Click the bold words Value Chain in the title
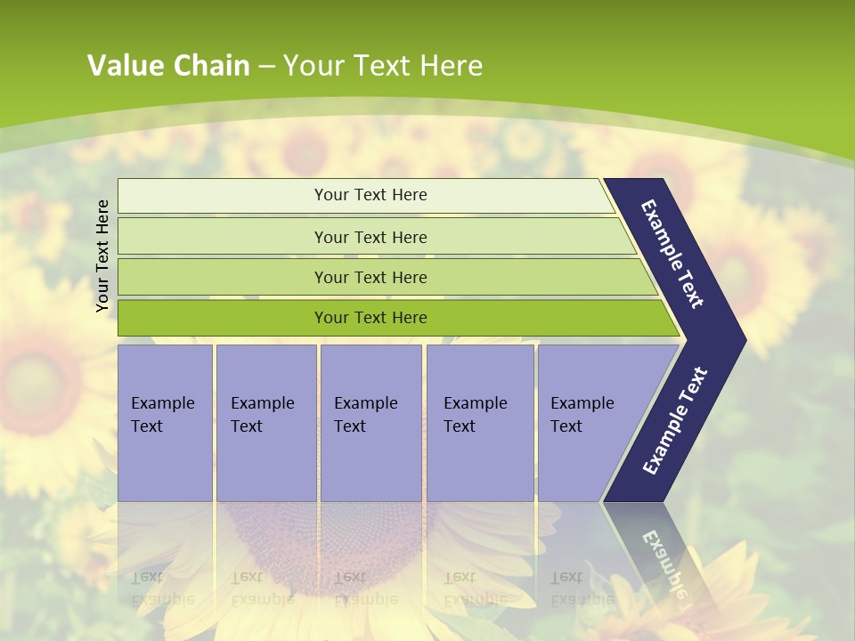click(x=168, y=66)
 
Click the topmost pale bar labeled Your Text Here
click(x=370, y=195)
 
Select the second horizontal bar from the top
click(x=370, y=237)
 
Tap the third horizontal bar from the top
click(x=370, y=278)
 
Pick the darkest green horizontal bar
click(x=370, y=318)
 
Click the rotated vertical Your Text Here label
click(x=102, y=256)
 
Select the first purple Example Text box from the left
click(x=165, y=422)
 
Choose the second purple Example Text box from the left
click(x=265, y=422)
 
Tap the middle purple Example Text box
click(x=370, y=422)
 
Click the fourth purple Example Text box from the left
click(x=479, y=422)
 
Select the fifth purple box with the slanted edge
click(x=588, y=422)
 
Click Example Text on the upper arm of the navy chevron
click(x=672, y=254)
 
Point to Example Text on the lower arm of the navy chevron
click(x=675, y=420)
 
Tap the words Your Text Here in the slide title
click(x=383, y=66)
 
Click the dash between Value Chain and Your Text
click(x=266, y=67)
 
